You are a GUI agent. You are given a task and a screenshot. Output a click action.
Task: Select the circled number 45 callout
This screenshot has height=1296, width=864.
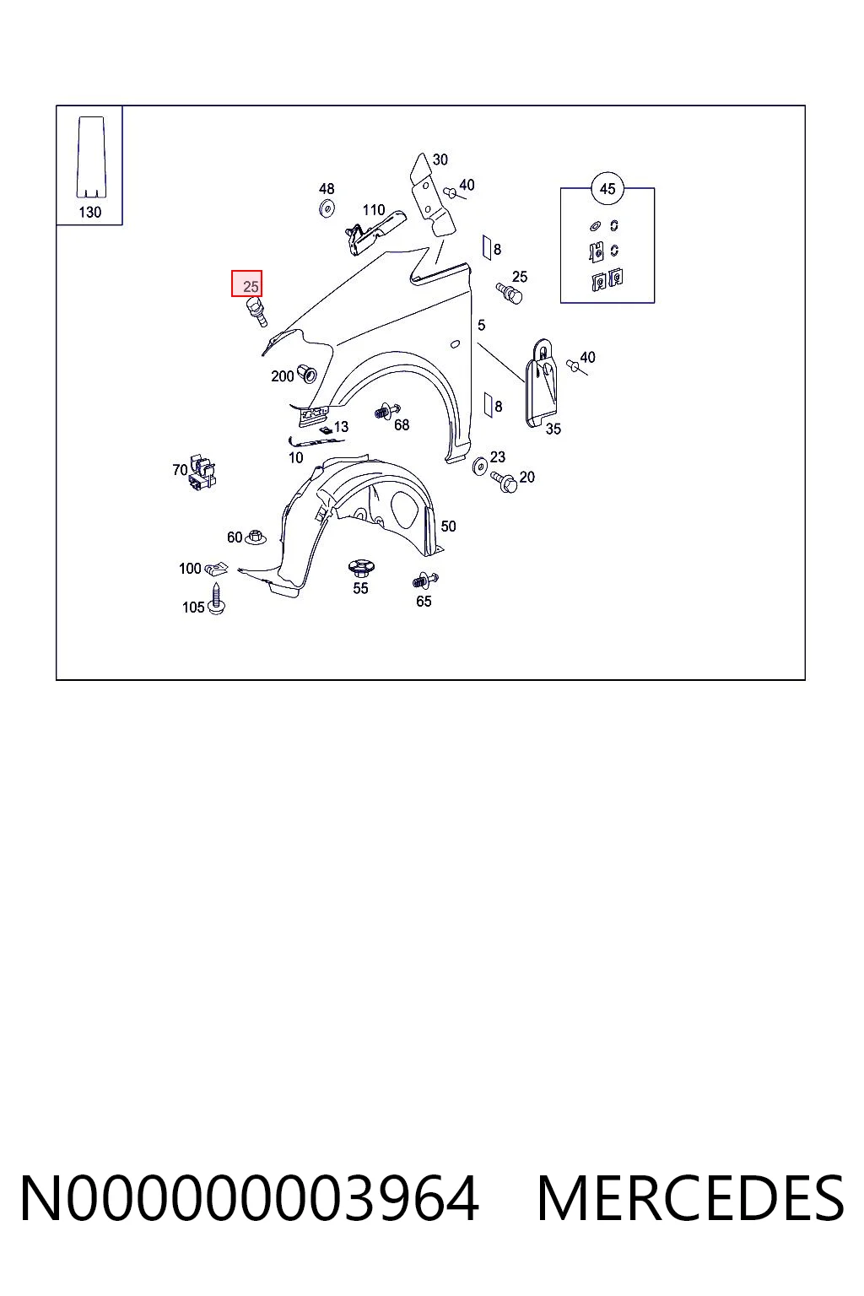click(x=607, y=189)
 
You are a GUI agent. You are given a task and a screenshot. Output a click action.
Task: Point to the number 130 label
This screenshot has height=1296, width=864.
click(x=89, y=213)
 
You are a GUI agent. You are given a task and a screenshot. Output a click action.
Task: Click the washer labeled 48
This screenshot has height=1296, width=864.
click(x=327, y=208)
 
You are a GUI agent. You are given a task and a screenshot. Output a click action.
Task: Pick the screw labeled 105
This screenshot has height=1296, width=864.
click(x=217, y=599)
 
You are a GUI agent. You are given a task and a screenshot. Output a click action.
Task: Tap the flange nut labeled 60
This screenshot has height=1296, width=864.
click(x=255, y=537)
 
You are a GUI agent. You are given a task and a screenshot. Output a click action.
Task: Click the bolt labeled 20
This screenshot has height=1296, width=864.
click(x=504, y=482)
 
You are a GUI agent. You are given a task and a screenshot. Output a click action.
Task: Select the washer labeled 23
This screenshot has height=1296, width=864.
click(x=480, y=466)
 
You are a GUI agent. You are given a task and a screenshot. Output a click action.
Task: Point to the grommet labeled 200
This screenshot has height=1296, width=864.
click(x=307, y=374)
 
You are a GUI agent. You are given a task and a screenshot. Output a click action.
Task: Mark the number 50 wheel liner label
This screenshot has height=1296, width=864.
click(x=448, y=526)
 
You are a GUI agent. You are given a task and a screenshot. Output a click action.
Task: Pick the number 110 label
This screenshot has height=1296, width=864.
click(x=374, y=210)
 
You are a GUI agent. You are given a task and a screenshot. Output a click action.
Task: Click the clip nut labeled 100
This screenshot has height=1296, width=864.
click(x=217, y=570)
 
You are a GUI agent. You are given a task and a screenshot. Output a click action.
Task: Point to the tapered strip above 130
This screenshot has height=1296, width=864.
click(x=91, y=158)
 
